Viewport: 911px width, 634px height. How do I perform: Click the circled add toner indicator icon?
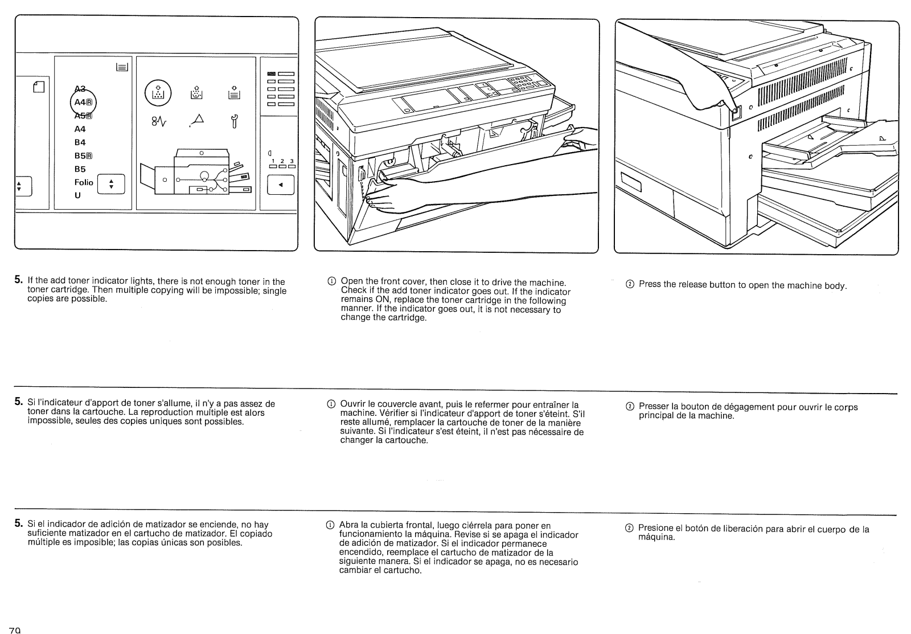coord(158,92)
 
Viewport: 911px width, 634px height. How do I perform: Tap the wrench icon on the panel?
coord(233,121)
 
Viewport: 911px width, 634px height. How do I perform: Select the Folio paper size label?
coord(84,182)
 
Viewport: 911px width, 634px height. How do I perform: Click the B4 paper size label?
coord(80,142)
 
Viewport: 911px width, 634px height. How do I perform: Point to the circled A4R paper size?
coord(83,103)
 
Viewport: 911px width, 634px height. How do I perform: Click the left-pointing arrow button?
coord(281,185)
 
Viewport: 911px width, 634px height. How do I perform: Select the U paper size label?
coord(77,195)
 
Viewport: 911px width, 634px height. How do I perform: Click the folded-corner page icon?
coord(38,87)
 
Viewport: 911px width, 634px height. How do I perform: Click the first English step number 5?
coord(18,280)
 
